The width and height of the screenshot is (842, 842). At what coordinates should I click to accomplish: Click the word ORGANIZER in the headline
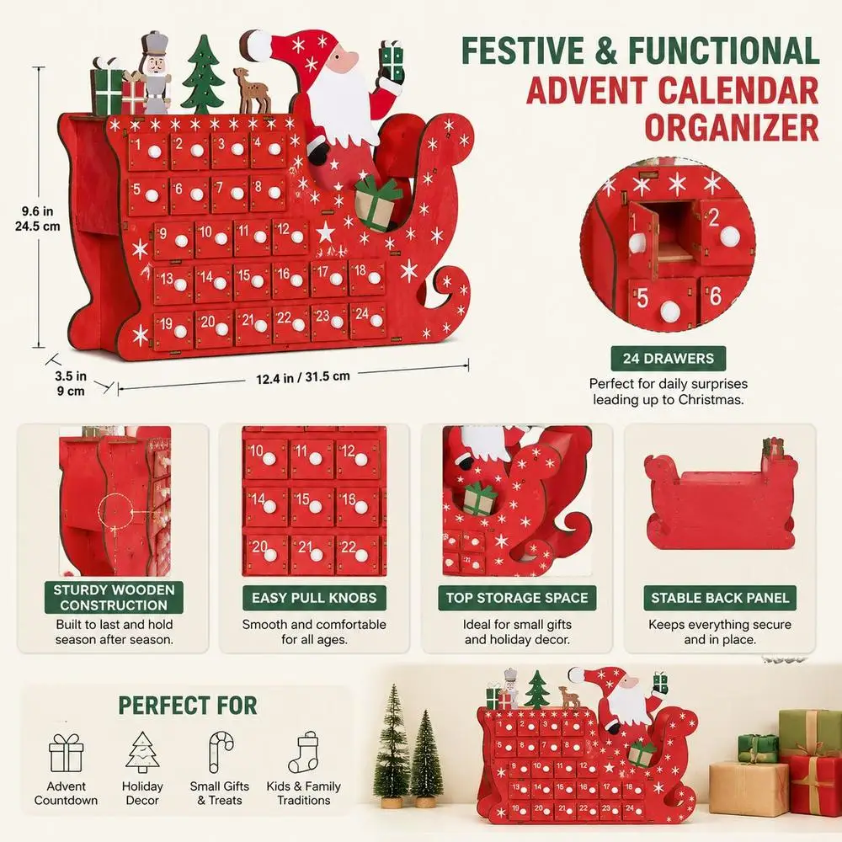click(x=732, y=128)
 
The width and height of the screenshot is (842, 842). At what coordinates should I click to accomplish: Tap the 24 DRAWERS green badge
click(x=668, y=358)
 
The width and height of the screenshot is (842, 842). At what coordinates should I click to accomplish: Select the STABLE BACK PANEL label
click(x=720, y=598)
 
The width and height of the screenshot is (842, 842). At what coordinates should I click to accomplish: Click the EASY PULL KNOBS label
click(x=314, y=598)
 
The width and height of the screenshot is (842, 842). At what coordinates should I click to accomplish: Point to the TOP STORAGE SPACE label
click(x=517, y=598)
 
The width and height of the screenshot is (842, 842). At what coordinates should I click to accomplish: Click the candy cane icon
click(x=220, y=752)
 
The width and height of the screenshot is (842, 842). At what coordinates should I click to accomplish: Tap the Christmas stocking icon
click(x=303, y=752)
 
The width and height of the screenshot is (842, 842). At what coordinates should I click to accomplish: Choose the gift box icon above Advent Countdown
click(x=66, y=753)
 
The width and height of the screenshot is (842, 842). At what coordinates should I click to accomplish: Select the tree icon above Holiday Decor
click(x=142, y=752)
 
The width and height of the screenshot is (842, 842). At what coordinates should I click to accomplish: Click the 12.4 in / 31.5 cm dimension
click(x=303, y=377)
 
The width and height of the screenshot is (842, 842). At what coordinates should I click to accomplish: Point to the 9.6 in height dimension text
click(x=38, y=219)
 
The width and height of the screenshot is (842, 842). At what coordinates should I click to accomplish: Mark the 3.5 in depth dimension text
click(x=71, y=383)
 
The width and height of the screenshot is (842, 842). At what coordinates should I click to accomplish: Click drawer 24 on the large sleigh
click(x=368, y=320)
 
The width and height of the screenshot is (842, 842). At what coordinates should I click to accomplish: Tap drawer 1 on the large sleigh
click(x=147, y=152)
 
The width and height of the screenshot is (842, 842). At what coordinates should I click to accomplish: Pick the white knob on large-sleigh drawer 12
click(x=297, y=237)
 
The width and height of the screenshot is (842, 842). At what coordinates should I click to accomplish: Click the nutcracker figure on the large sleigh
click(x=155, y=73)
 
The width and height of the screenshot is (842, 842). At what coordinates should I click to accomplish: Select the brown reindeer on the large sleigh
click(x=251, y=91)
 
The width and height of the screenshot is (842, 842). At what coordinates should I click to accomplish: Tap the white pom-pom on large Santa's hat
click(x=256, y=44)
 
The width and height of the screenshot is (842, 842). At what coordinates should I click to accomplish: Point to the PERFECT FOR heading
click(x=188, y=705)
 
